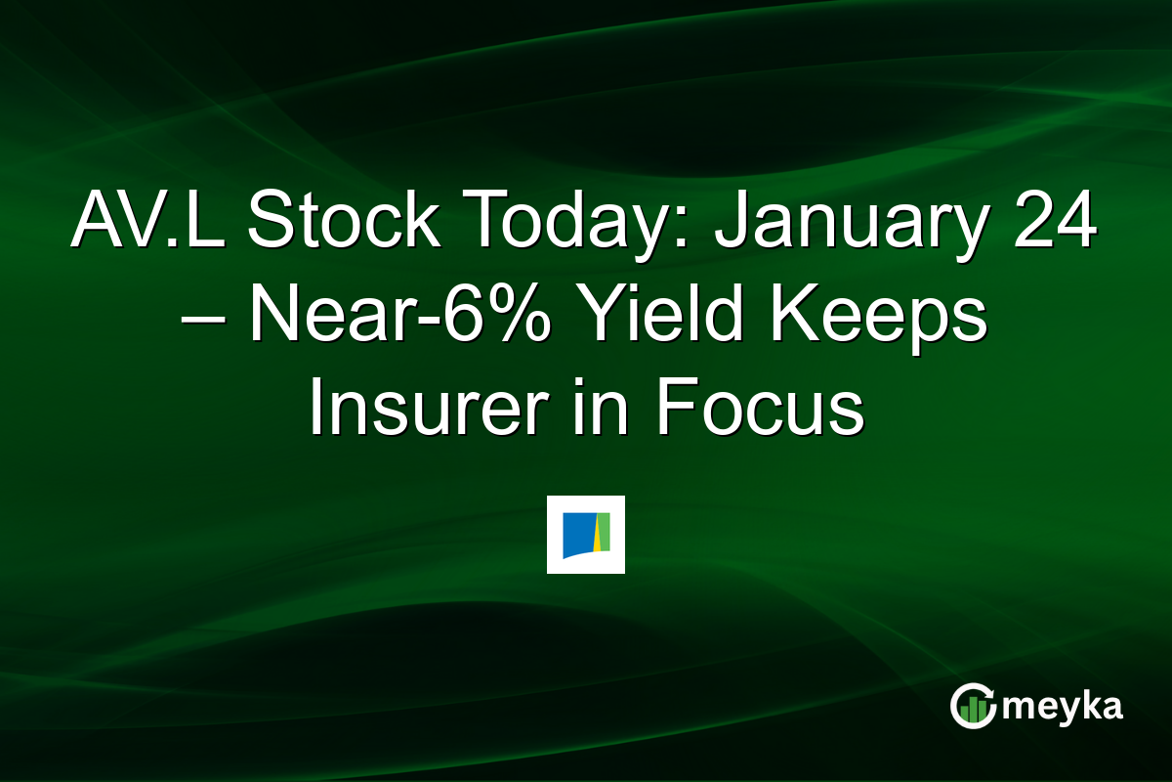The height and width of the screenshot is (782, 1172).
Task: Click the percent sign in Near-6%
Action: click(519, 319)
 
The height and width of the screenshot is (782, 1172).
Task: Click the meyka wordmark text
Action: click(1064, 706)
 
